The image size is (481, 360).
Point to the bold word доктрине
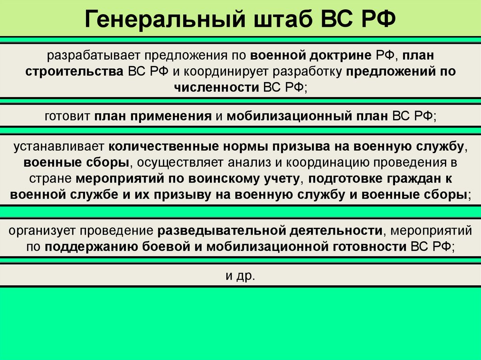pyautogui.click(x=338, y=56)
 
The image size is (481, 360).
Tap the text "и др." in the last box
pyautogui.click(x=240, y=276)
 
